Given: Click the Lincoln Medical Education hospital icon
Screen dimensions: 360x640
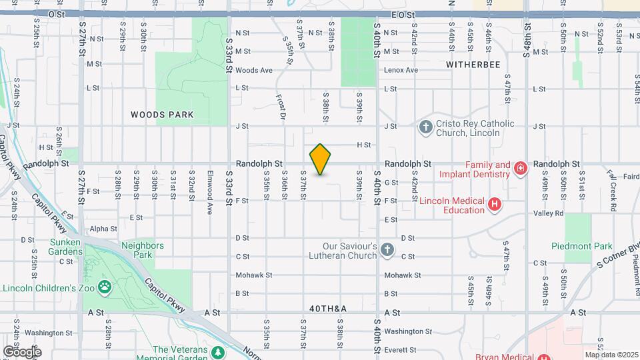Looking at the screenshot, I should [494, 204].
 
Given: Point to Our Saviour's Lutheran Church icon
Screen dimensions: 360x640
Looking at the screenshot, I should [387, 250].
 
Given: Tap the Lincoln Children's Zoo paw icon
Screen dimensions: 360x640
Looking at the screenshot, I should [105, 287].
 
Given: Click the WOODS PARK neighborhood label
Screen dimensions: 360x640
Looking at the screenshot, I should [162, 115].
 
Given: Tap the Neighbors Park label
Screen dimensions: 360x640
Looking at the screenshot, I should [142, 250].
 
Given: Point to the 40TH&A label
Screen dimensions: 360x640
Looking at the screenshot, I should [328, 309].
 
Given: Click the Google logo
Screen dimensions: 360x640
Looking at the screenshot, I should [21, 351].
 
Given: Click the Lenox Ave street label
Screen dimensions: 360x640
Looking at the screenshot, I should [401, 70].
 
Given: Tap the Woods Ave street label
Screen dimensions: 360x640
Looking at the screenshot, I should [254, 70].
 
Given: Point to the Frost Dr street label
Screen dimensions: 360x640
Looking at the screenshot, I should [281, 107].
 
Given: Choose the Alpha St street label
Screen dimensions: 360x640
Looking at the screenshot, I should [103, 229].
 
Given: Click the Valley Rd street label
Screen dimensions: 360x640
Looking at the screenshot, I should [548, 213].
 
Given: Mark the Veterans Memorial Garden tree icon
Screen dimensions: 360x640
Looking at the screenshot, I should [217, 351].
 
